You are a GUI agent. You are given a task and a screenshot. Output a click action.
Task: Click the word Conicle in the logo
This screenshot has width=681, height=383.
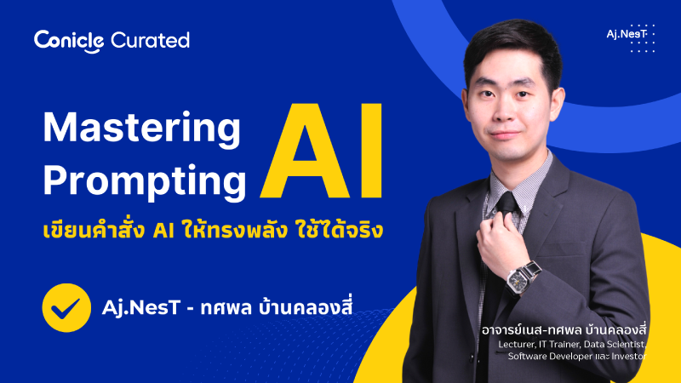(69, 40)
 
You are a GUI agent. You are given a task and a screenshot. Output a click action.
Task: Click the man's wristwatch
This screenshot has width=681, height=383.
(523, 274)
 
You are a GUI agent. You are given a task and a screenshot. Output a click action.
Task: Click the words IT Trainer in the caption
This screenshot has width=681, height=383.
(565, 342)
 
